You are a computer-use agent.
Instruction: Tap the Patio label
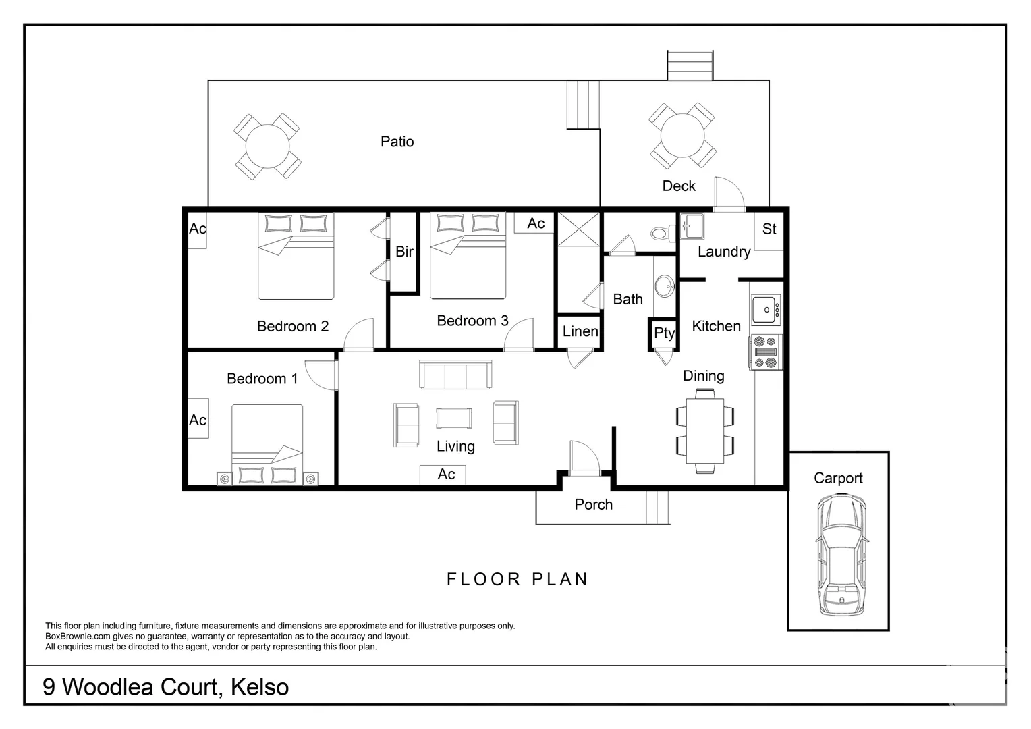click(x=397, y=142)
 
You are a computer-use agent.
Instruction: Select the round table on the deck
click(x=681, y=136)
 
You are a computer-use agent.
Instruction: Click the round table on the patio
click(x=267, y=146)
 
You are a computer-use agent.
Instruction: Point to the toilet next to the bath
click(x=659, y=234)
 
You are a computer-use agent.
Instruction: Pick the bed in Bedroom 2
click(x=296, y=256)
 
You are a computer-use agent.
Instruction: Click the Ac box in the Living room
click(x=443, y=475)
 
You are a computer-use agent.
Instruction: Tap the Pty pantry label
click(x=664, y=333)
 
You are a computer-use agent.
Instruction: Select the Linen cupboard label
click(x=580, y=331)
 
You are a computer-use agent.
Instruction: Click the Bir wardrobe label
click(x=404, y=252)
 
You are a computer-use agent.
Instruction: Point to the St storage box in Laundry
click(x=769, y=230)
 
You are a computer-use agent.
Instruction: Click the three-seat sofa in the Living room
click(x=455, y=375)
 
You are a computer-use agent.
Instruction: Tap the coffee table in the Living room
click(x=454, y=418)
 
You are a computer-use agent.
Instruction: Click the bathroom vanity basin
click(x=665, y=286)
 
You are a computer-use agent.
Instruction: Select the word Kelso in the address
click(x=260, y=687)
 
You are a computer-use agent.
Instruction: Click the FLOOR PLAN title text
click(x=518, y=579)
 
